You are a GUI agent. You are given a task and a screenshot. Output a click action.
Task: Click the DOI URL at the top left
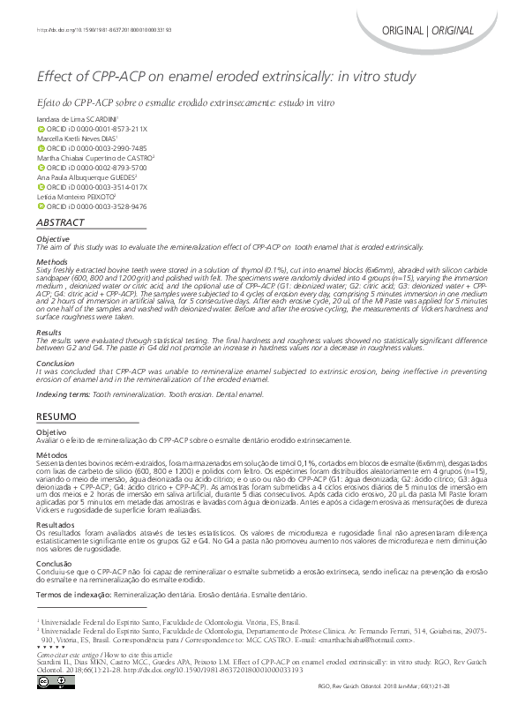[103, 30]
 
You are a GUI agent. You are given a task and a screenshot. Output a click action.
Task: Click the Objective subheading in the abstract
[52, 239]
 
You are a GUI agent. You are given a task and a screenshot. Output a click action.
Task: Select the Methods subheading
[50, 263]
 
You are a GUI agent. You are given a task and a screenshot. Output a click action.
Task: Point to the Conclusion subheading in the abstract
[55, 364]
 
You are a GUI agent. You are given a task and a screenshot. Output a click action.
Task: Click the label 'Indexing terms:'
[63, 394]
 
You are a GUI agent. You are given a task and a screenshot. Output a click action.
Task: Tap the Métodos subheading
[51, 454]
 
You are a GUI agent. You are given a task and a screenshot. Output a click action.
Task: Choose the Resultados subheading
[55, 524]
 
